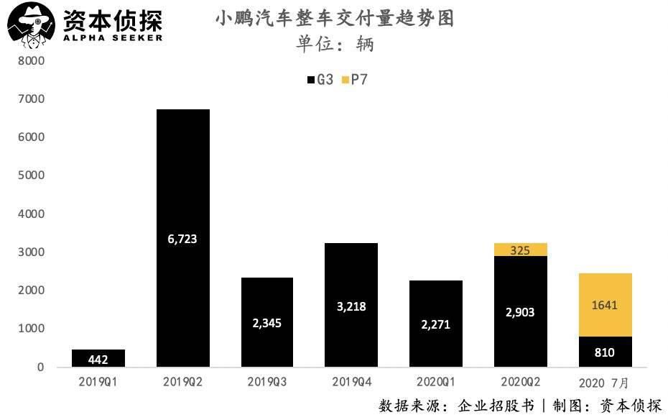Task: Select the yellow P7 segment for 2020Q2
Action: pos(520,250)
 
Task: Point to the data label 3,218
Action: pos(351,306)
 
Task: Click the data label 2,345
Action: pos(267,322)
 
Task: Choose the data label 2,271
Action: pos(435,324)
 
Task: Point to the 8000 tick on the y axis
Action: pos(32,61)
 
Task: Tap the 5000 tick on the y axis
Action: pos(32,175)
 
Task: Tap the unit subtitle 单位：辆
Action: pos(335,45)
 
